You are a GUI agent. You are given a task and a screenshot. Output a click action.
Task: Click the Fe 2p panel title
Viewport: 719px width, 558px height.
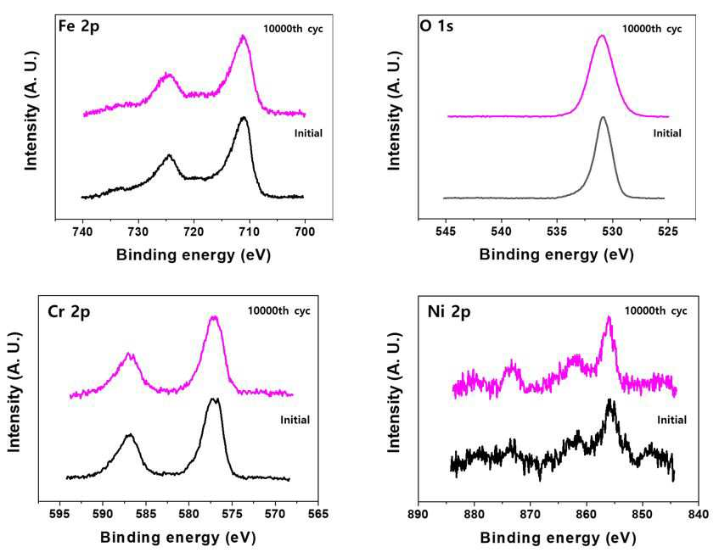coord(79,26)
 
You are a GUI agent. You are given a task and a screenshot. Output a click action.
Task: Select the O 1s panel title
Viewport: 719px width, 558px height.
coord(436,26)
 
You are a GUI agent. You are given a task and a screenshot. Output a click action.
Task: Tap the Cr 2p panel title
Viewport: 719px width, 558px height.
coord(69,312)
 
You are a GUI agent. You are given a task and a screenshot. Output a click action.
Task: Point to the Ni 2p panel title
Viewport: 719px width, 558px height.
coord(449,312)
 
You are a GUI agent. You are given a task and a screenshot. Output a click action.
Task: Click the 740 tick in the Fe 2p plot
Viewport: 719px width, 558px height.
coord(82,232)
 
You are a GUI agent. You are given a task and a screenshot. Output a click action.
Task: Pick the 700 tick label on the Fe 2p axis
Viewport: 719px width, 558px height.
coord(305,232)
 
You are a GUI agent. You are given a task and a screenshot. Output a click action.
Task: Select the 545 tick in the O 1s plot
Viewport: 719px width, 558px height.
coord(446,232)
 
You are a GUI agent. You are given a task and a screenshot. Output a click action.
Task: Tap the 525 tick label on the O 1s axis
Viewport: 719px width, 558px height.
coord(667,232)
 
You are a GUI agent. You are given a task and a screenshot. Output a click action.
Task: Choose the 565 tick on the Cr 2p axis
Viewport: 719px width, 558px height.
coord(318,514)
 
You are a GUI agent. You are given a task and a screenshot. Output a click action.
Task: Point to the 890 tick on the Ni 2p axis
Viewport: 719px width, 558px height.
coord(418,514)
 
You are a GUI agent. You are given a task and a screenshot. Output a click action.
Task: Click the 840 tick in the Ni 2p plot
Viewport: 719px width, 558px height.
coord(699,514)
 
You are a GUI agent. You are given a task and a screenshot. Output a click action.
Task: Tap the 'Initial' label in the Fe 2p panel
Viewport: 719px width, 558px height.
coord(308,133)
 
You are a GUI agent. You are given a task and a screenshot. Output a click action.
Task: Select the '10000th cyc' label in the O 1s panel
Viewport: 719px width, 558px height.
coord(652,29)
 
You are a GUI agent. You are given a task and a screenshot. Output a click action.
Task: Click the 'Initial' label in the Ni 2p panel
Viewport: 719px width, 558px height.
coord(671,420)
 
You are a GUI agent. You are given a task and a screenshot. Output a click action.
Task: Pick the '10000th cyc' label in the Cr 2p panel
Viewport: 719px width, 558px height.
coord(278,311)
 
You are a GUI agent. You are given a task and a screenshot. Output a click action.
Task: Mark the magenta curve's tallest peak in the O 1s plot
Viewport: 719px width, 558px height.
coord(602,36)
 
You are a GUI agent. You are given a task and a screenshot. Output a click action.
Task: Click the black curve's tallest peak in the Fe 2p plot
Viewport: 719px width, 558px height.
coord(244,118)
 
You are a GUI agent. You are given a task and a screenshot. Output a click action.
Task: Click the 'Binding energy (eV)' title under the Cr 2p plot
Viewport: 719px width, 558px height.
coord(178,537)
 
